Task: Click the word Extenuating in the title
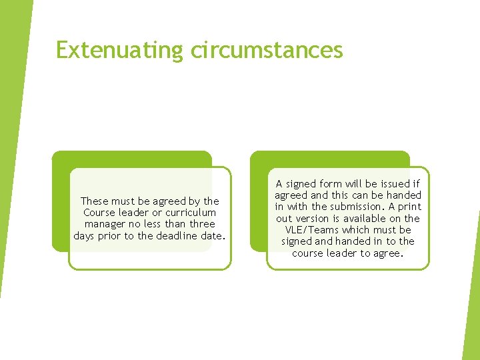click(119, 50)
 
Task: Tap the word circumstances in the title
click(267, 50)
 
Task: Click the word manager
click(105, 224)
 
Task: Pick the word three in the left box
click(202, 224)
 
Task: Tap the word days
click(84, 236)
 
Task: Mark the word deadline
click(178, 236)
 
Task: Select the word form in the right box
click(331, 183)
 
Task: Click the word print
click(409, 207)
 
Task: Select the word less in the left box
click(153, 224)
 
